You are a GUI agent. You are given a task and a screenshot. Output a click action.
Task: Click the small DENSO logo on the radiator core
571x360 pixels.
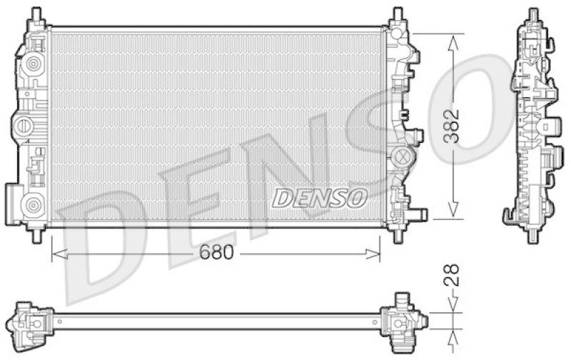[x=319, y=198]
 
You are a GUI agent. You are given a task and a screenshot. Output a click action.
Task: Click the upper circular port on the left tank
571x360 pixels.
[x=31, y=65]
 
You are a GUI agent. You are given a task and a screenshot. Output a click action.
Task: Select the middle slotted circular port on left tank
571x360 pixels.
[x=24, y=127]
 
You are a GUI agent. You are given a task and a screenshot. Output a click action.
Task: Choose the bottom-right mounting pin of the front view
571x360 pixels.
[x=397, y=234]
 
